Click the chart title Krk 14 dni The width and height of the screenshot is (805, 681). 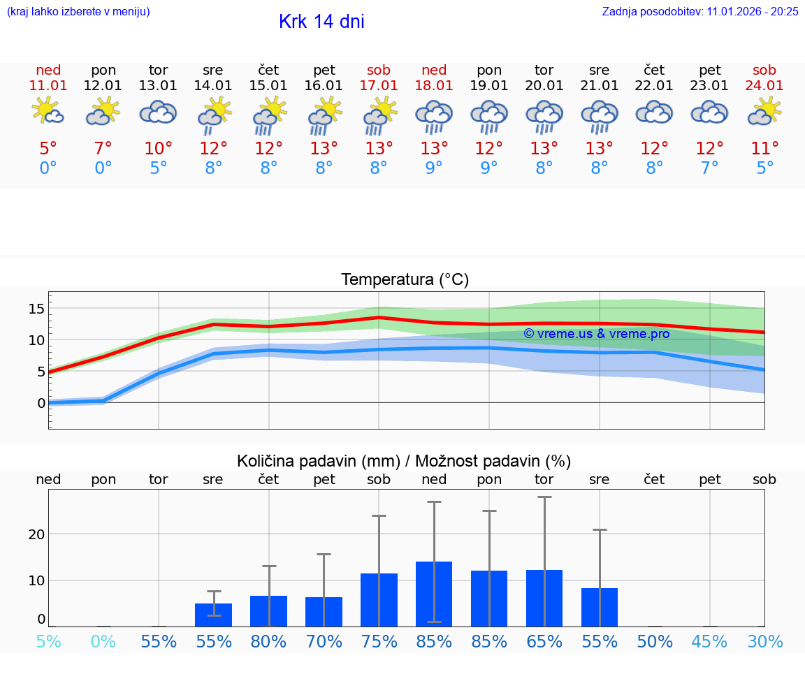pos(321,22)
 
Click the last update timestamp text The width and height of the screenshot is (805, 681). pos(700,12)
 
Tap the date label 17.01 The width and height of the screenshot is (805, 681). pos(379,85)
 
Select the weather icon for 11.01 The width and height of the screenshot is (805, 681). pos(48,111)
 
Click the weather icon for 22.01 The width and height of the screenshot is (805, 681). pos(654,112)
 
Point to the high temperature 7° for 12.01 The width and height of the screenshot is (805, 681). pos(103,149)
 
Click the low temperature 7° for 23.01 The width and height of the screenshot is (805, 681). pos(709,168)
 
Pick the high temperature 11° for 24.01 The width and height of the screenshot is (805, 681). pos(764,149)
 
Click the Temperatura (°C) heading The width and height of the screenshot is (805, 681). pos(405,280)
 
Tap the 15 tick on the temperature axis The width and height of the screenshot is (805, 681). pos(36,309)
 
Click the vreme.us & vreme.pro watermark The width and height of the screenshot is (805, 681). pos(597,334)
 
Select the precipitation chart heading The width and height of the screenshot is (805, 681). pos(404,461)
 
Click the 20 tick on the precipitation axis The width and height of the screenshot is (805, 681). pos(36,534)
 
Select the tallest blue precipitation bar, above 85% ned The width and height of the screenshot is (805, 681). pos(434,594)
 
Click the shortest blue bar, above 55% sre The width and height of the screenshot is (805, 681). pos(213,615)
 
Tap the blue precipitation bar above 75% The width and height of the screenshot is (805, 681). pos(379,600)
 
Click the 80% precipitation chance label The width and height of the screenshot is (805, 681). pos(268,642)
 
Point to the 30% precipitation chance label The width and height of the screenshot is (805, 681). pos(764,642)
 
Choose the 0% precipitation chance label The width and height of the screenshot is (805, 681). pos(103,642)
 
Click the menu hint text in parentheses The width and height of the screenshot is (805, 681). pos(78,12)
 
